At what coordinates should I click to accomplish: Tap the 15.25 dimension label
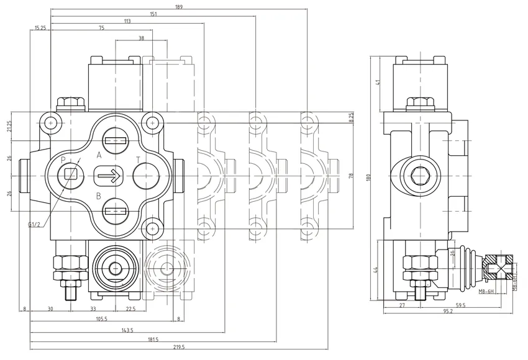42,28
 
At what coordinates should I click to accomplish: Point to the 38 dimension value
141,38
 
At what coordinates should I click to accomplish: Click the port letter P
63,160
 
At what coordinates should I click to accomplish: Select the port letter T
138,160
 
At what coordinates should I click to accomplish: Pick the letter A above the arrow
99,155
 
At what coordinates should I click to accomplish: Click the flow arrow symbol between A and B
108,177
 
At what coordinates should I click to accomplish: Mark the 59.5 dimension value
460,305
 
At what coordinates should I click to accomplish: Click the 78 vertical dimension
352,176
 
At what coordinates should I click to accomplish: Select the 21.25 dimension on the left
9,126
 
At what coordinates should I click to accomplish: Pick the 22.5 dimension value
131,309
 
